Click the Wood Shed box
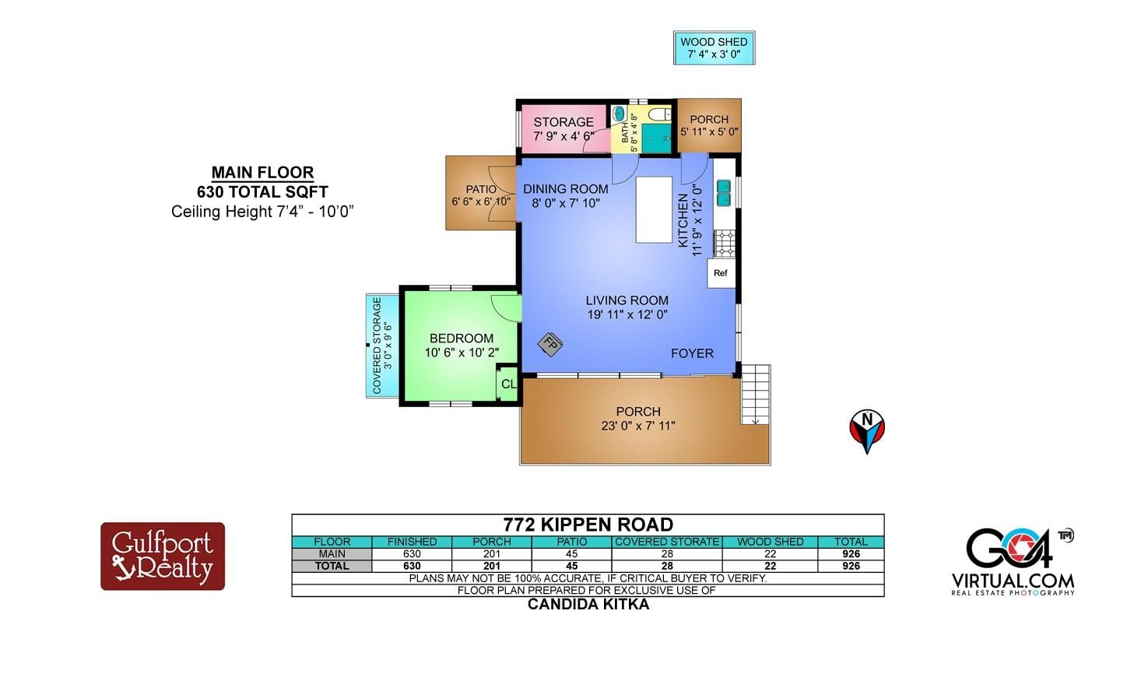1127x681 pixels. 714,47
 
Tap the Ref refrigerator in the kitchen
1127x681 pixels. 721,273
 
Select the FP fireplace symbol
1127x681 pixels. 550,345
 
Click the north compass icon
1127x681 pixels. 867,431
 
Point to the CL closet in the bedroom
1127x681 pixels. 507,384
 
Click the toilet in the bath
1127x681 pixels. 659,114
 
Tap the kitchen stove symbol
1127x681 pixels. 725,244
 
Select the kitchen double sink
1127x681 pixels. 724,193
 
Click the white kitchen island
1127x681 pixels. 654,209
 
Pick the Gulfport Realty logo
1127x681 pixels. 163,556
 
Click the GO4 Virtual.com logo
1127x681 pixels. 1013,562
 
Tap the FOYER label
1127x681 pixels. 692,353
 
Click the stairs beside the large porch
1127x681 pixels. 755,395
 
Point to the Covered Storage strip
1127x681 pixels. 382,346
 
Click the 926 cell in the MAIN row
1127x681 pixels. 851,554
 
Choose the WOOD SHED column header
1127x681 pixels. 770,542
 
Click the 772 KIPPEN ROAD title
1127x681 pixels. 588,525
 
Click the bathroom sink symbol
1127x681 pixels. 620,114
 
